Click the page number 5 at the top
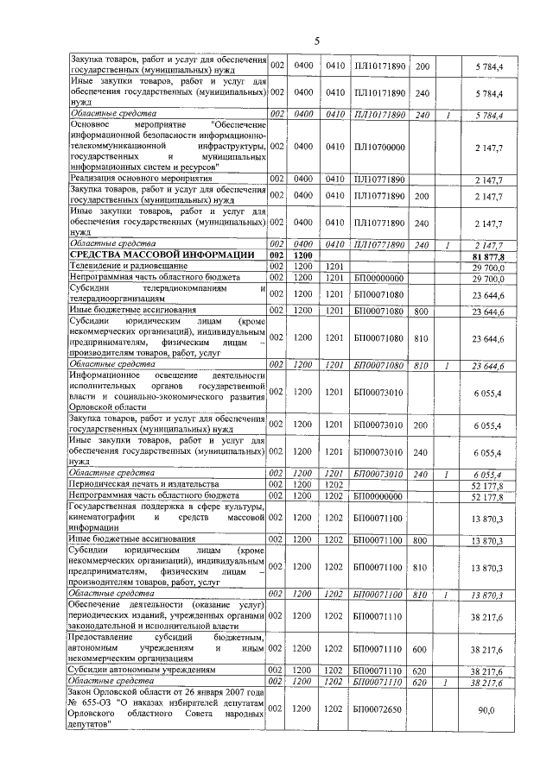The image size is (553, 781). (x=316, y=41)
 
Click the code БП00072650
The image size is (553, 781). (x=379, y=709)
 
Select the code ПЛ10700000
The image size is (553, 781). (x=379, y=148)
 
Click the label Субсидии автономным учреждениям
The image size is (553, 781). (x=142, y=670)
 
